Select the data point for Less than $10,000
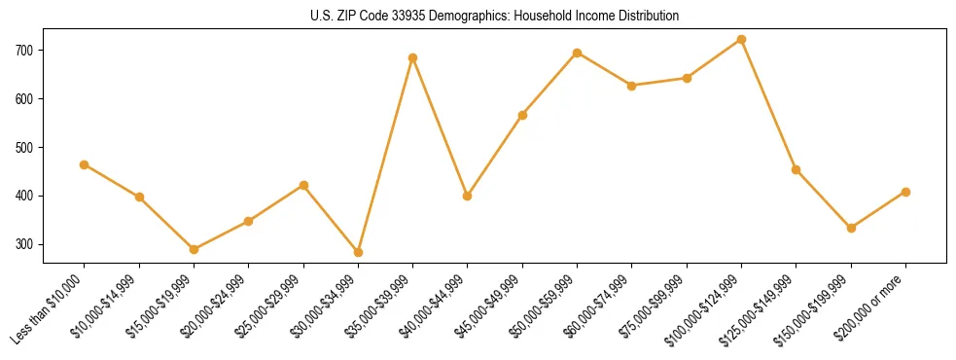[x=85, y=164]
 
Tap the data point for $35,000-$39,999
[x=413, y=57]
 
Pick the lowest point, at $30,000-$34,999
[x=359, y=252]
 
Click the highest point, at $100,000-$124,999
[x=742, y=39]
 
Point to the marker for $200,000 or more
[x=906, y=192]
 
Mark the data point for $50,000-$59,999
[x=578, y=53]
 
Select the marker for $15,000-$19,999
[x=195, y=249]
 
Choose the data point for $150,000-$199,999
[x=852, y=228]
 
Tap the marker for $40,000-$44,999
[x=468, y=196]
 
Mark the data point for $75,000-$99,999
[x=688, y=78]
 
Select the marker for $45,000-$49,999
[x=523, y=115]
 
